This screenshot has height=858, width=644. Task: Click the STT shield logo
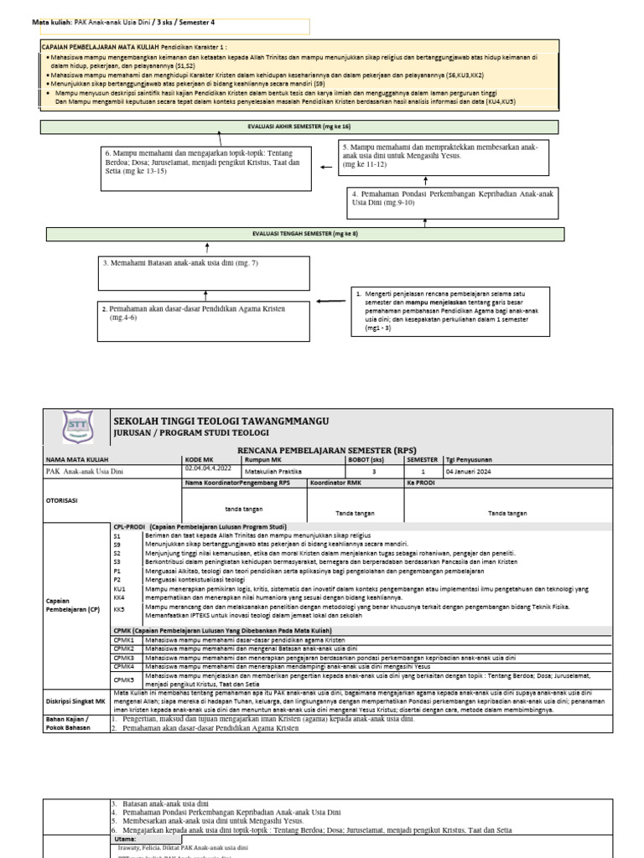(77, 427)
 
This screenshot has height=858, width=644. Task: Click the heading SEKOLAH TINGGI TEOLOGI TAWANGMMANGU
(221, 420)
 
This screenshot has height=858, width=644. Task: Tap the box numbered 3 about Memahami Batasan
(205, 270)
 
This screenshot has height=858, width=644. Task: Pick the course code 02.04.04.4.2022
(208, 469)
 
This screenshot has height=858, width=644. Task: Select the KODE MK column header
(198, 460)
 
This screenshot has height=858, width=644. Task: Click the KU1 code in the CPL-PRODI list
(118, 589)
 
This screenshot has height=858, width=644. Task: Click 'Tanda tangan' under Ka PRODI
(507, 513)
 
